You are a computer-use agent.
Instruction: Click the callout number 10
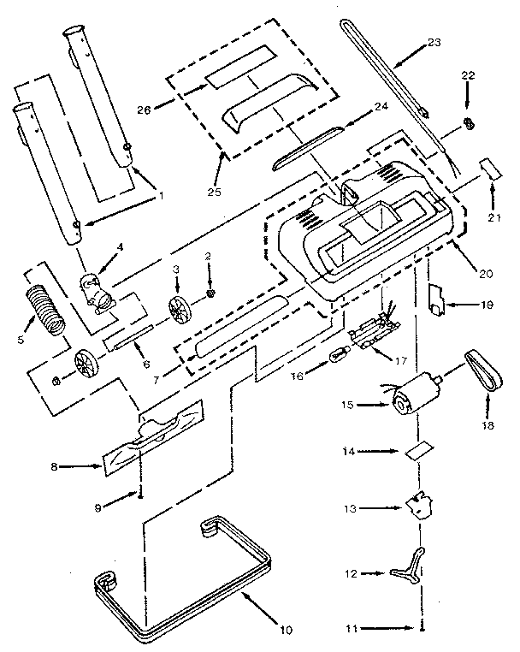(x=286, y=631)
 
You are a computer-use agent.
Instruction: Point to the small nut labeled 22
(x=469, y=123)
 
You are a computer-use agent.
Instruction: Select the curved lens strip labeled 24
(x=308, y=151)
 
